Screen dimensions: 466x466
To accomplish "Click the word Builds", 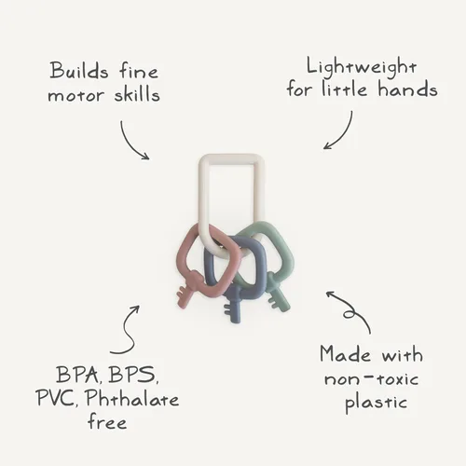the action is [x=79, y=70].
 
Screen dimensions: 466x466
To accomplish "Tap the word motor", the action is [x=75, y=95].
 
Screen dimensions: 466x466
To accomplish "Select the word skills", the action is [x=137, y=93].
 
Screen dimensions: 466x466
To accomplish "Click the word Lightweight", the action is [x=362, y=68].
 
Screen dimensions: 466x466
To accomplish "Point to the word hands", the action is [x=407, y=89].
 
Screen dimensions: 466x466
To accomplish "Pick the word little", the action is [x=344, y=89].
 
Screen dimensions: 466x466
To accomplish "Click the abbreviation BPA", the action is [x=77, y=376].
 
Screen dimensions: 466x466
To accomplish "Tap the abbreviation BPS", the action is [x=133, y=376].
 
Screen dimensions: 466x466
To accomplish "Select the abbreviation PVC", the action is [x=56, y=398].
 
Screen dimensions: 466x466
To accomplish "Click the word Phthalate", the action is [x=132, y=398].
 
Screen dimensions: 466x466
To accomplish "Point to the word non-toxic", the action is [x=371, y=379].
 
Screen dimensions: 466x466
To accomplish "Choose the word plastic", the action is [x=376, y=404].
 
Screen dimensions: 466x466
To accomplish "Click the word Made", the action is [x=345, y=354].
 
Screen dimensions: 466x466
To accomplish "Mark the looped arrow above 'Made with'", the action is [x=351, y=310].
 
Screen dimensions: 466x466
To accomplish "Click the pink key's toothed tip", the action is [x=184, y=298].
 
